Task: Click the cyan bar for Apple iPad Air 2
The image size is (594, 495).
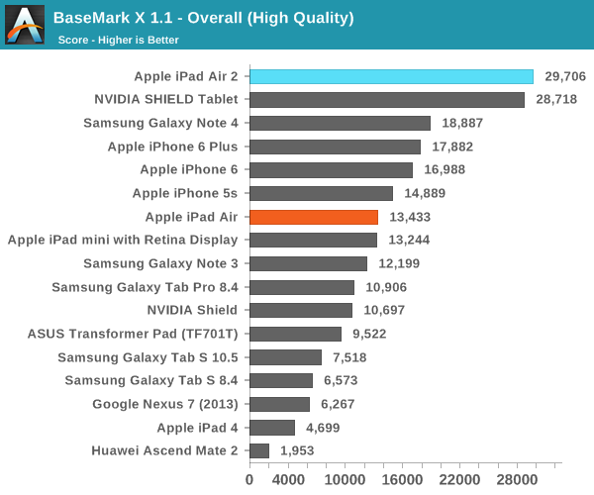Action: (391, 76)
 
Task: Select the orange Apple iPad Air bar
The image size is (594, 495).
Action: (314, 217)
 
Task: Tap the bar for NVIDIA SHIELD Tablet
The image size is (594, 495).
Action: (386, 100)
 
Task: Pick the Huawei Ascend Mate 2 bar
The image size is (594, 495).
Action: (259, 450)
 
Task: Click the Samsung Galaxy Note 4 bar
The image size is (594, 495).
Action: (340, 123)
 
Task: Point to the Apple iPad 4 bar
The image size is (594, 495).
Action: (272, 428)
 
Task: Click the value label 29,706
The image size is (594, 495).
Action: (565, 76)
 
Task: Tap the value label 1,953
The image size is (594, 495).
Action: (300, 450)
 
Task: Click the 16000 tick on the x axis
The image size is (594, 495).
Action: (406, 480)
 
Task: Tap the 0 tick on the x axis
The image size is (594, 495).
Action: (249, 480)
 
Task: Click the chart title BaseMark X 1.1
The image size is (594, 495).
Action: (203, 18)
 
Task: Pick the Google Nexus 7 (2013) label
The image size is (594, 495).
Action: (164, 404)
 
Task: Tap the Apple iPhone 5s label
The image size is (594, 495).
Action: (184, 193)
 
